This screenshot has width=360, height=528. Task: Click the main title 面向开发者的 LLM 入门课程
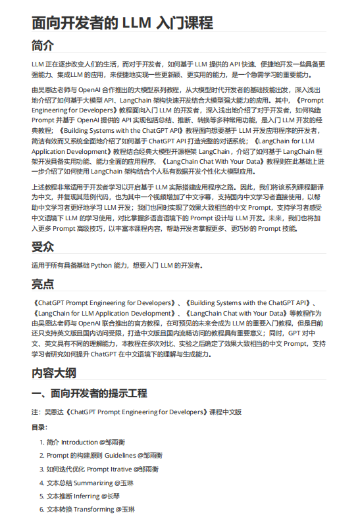[122, 24]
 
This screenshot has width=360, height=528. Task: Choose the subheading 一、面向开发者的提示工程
[90, 394]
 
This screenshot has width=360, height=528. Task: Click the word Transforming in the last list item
[93, 510]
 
